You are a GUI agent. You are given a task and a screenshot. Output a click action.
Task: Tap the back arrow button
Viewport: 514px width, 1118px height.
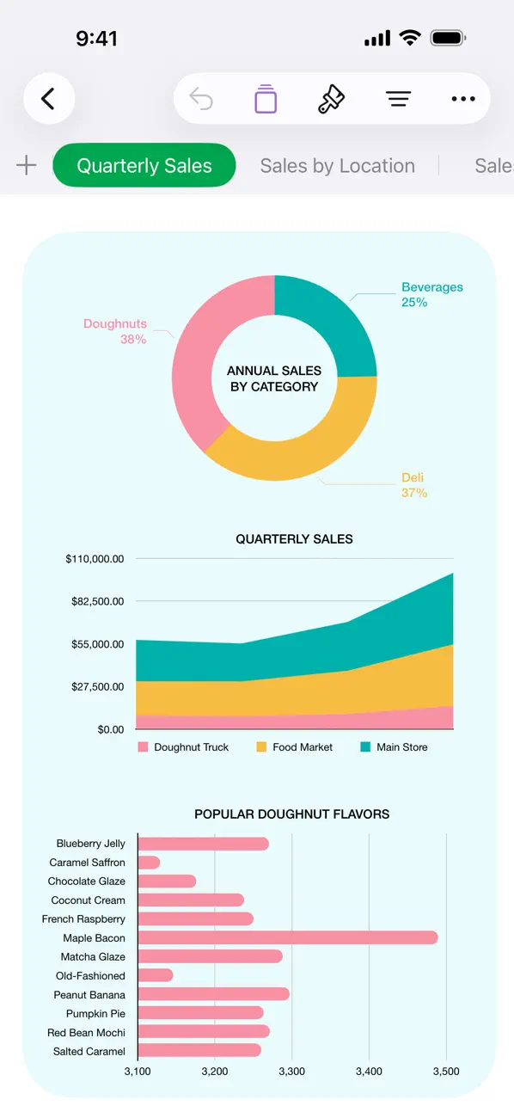point(48,99)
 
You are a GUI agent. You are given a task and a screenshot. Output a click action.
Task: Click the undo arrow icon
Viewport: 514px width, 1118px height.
point(201,99)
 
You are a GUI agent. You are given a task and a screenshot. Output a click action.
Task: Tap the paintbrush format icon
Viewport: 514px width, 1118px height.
point(331,99)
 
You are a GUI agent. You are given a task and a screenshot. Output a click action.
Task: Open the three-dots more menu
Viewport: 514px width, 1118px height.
point(462,99)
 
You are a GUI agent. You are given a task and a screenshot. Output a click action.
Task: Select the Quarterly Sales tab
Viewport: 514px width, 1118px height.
point(144,166)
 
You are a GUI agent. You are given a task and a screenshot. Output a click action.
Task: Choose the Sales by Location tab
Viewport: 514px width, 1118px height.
point(337,166)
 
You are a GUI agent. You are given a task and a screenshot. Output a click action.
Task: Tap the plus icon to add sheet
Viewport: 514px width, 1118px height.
point(27,166)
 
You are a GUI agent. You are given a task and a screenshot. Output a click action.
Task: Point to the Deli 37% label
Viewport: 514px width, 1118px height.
point(413,485)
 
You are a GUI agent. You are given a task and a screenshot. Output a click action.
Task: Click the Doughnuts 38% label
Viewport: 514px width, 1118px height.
point(115,331)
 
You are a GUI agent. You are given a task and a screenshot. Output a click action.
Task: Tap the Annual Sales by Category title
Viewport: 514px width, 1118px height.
point(274,378)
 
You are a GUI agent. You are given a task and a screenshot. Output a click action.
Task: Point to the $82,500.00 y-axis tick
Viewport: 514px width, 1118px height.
point(98,601)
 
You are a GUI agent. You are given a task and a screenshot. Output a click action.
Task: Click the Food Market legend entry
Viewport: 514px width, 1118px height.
point(294,747)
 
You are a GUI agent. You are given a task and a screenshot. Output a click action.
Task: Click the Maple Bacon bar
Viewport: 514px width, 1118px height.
point(287,937)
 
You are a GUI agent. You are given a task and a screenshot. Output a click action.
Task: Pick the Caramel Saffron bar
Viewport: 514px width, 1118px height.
point(149,862)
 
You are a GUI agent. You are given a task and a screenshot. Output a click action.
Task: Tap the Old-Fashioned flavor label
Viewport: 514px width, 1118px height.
point(90,975)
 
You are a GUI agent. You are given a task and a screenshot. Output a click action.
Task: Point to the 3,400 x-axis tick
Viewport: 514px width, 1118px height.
point(369,1072)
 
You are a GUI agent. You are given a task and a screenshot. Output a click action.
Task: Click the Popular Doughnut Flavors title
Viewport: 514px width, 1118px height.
point(291,814)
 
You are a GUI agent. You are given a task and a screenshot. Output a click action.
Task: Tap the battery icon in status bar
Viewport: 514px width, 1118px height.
point(448,38)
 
